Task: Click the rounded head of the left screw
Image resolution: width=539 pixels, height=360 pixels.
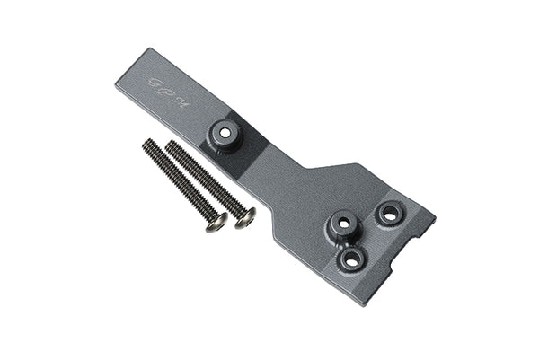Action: pos(216,221)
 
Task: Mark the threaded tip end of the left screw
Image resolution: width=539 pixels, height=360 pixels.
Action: pos(146,144)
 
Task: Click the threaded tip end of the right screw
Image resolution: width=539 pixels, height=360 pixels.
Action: pos(172,144)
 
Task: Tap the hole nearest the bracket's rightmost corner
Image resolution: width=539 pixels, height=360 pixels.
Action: pos(390,214)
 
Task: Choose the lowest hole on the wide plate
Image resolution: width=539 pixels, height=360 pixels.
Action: pos(351,259)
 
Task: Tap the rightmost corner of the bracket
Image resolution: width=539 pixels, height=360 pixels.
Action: pos(435,217)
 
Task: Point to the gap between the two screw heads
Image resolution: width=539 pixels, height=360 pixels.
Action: pos(230,220)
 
